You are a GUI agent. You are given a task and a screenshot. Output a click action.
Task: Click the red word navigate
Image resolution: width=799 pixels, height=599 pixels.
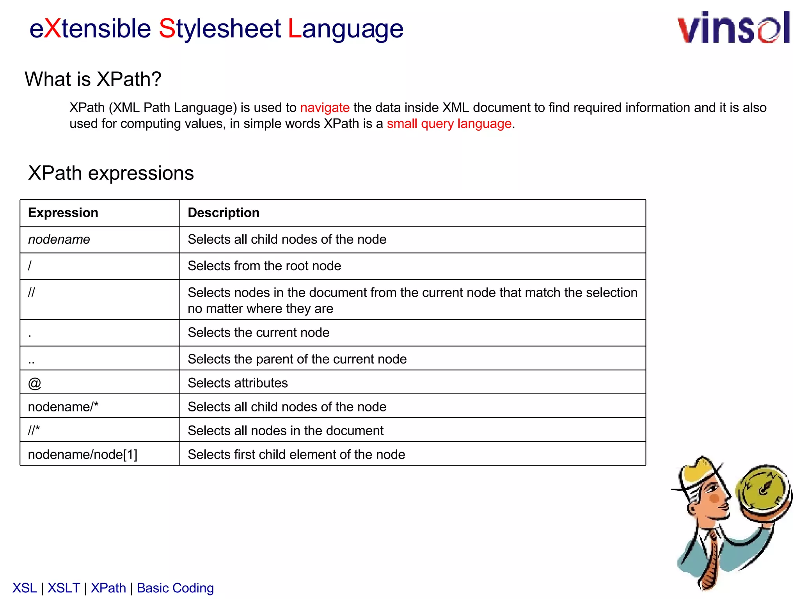[325, 108]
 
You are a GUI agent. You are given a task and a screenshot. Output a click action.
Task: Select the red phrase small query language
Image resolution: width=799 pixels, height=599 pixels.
[449, 124]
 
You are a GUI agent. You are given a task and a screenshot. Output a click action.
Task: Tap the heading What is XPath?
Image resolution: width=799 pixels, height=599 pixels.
[93, 79]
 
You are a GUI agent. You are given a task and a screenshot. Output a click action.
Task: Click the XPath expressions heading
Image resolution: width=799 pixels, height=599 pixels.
[111, 173]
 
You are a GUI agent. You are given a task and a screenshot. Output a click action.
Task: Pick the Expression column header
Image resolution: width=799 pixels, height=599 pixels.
[63, 213]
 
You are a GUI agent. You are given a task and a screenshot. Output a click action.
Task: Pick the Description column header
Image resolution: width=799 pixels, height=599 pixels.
[224, 213]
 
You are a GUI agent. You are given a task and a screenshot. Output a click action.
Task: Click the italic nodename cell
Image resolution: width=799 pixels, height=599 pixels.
[59, 239]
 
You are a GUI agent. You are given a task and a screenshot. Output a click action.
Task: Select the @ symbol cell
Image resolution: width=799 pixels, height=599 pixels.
[34, 383]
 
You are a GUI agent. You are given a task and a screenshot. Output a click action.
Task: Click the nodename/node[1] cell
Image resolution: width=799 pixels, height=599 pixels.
[83, 455]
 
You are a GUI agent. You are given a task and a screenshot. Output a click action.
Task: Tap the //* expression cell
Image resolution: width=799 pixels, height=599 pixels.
[34, 431]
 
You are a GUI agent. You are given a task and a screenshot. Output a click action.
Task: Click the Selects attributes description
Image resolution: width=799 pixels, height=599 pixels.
[238, 383]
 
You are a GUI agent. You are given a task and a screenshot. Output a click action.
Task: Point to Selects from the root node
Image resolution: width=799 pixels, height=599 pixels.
[264, 266]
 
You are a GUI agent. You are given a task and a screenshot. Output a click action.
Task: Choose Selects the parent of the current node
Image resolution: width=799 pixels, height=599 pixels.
[297, 359]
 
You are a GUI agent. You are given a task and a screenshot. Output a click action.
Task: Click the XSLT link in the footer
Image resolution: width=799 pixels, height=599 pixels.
[64, 588]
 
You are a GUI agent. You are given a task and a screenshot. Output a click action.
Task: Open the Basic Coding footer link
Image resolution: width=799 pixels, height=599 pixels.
[175, 588]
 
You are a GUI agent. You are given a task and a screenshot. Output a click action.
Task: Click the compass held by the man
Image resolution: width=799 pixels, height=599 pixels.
[763, 489]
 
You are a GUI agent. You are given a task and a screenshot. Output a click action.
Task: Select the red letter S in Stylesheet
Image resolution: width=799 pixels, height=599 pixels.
[167, 29]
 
